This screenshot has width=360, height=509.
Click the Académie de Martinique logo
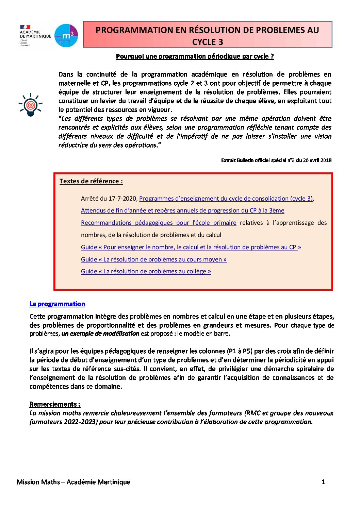pyautogui.click(x=35, y=36)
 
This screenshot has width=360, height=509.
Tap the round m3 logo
pyautogui.click(x=66, y=35)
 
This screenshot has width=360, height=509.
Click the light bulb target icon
pyautogui.click(x=31, y=105)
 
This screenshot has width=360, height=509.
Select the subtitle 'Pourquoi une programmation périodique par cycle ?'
pyautogui.click(x=195, y=56)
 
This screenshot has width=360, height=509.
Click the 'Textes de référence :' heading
pyautogui.click(x=91, y=181)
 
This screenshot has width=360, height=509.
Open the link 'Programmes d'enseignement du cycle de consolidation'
pyautogui.click(x=226, y=199)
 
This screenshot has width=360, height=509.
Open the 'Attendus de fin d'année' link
pyautogui.click(x=182, y=210)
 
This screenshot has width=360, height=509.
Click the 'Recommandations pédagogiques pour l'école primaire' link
pyautogui.click(x=159, y=223)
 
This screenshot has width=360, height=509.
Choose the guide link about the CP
pyautogui.click(x=191, y=247)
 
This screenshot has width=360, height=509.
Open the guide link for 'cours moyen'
pyautogui.click(x=153, y=259)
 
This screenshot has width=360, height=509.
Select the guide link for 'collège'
pyautogui.click(x=146, y=271)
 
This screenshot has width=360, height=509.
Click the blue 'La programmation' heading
pyautogui.click(x=57, y=304)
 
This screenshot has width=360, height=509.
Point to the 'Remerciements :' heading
pyautogui.click(x=55, y=404)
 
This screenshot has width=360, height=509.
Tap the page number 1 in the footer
pyautogui.click(x=323, y=482)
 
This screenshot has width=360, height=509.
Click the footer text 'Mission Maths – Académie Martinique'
pyautogui.click(x=73, y=482)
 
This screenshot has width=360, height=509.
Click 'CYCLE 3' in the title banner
pyautogui.click(x=208, y=42)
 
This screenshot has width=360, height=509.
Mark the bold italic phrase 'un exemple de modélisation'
pyautogui.click(x=100, y=334)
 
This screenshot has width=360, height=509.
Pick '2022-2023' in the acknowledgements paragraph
pyautogui.click(x=80, y=422)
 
